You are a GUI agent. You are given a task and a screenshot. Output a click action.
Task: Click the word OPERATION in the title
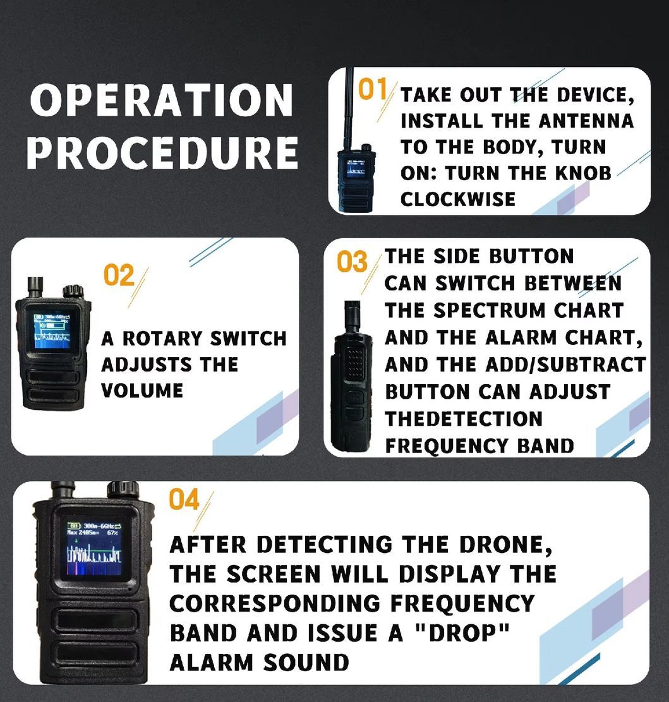[x=162, y=101]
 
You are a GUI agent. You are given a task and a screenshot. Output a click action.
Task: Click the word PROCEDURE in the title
[x=162, y=153]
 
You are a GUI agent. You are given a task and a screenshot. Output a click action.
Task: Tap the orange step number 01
[x=373, y=90]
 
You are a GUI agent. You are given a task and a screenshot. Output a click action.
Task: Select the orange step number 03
[x=351, y=262]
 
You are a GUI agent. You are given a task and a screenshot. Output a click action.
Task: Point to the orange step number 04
[x=184, y=500]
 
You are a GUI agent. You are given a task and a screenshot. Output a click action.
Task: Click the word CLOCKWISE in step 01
[x=458, y=200]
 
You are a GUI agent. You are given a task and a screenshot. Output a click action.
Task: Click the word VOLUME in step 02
[x=142, y=390]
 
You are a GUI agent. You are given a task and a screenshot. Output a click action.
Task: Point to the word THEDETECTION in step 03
[x=464, y=418]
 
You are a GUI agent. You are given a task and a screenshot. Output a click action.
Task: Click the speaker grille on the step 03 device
[x=356, y=364]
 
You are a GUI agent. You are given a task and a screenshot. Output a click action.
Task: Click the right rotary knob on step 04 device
[x=122, y=490]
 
